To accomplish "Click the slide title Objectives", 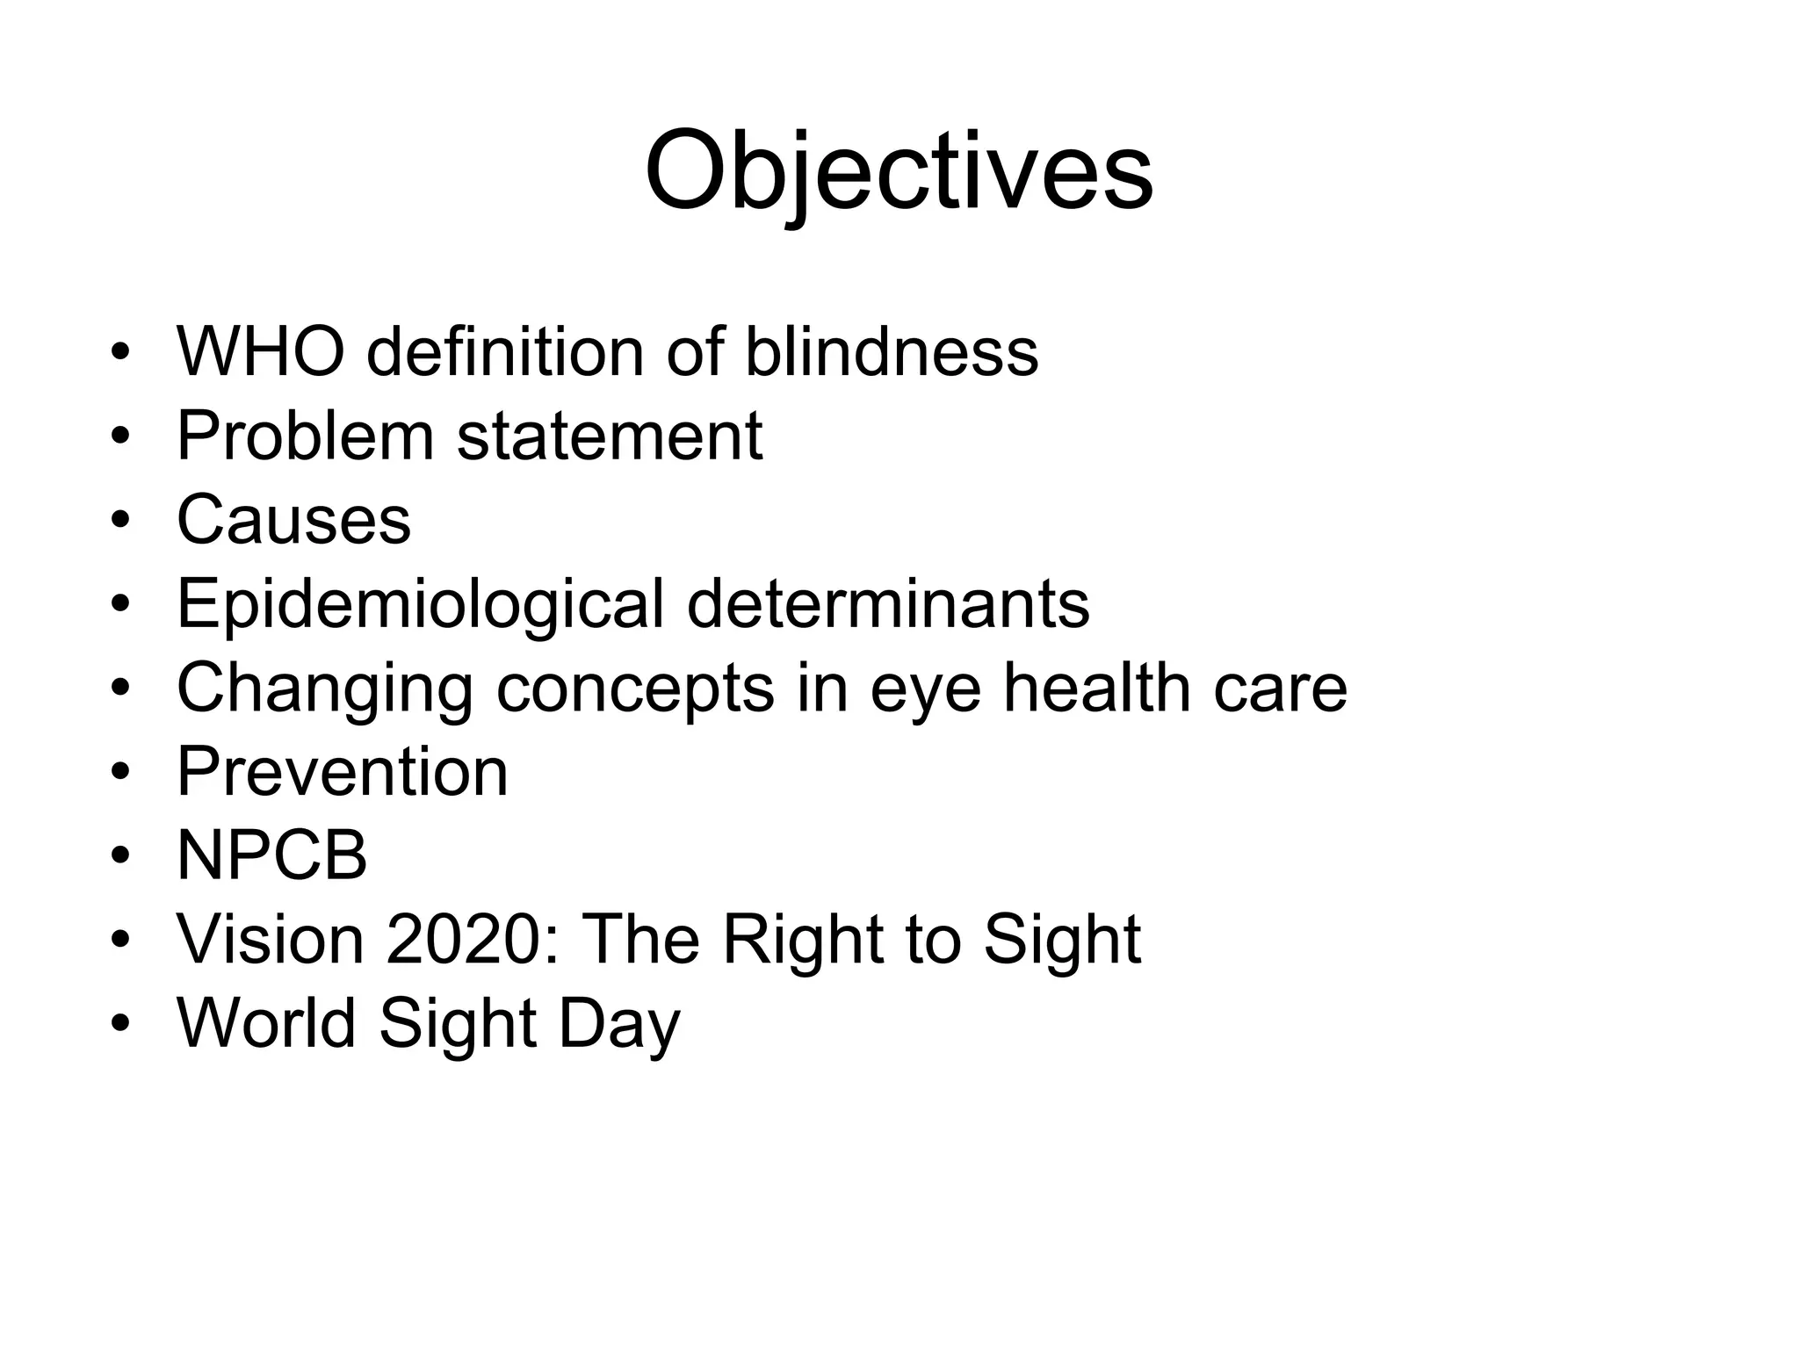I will (898, 171).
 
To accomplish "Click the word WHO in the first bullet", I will (260, 352).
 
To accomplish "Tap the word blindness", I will (891, 352).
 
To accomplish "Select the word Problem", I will (305, 436).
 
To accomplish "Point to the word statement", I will (610, 436).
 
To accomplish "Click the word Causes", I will (293, 520).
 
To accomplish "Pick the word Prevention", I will (343, 772).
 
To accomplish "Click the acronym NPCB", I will (271, 856).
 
